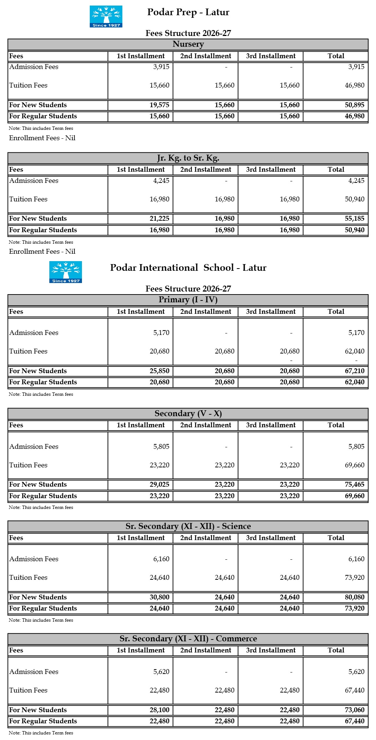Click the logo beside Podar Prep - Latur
tap(106, 16)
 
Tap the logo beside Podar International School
tap(66, 272)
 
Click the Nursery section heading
tap(188, 44)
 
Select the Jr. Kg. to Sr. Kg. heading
tap(188, 158)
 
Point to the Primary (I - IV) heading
tap(188, 300)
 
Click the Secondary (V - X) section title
tap(188, 414)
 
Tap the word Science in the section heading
tap(237, 526)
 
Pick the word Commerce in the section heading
tap(237, 639)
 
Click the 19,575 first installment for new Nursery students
tap(159, 105)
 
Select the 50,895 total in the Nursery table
tap(354, 105)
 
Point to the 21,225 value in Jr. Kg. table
tap(159, 218)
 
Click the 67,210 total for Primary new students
tap(354, 371)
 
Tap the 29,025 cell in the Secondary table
tap(159, 484)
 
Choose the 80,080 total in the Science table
tap(354, 597)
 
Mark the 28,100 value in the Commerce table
tap(159, 710)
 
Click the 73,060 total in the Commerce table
tap(354, 710)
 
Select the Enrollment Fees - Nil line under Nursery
tap(42, 138)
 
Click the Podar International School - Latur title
tap(188, 268)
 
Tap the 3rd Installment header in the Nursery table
tap(271, 56)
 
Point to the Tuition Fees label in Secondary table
tap(29, 465)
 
